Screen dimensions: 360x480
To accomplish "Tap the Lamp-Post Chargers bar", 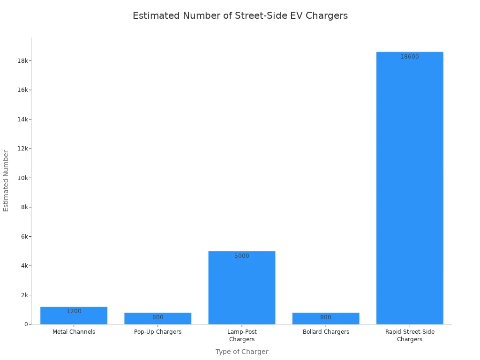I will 242,288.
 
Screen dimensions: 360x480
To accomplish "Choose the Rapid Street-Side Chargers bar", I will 410,187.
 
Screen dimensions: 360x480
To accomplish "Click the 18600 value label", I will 410,57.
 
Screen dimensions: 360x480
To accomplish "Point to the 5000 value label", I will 242,256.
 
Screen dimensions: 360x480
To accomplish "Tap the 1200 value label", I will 74,311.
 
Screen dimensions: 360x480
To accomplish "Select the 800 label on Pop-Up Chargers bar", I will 157,317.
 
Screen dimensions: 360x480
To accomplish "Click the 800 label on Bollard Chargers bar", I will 326,317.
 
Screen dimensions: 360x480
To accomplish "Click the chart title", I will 240,15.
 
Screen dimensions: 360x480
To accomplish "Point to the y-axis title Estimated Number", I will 7,180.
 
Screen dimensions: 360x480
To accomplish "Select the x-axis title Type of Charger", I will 242,352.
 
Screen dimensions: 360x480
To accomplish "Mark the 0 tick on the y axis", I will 26,324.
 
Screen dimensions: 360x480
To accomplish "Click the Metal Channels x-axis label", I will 74,332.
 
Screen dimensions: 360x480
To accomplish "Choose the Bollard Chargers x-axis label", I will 326,332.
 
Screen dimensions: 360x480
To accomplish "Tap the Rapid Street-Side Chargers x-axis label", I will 410,336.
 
